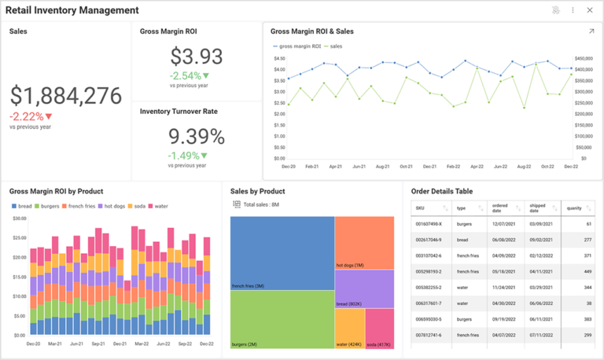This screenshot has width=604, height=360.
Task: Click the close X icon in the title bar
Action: (x=589, y=10)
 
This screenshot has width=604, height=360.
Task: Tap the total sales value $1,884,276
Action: (x=66, y=96)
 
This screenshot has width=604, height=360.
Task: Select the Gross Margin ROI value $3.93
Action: (x=197, y=57)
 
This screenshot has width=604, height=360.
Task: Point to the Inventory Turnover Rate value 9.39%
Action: (x=197, y=136)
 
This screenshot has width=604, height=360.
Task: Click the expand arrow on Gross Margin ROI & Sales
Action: (x=591, y=31)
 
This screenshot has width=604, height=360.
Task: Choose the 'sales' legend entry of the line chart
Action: (x=336, y=46)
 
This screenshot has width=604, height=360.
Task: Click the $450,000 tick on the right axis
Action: (x=583, y=58)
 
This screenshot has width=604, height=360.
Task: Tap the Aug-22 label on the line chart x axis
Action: (x=525, y=167)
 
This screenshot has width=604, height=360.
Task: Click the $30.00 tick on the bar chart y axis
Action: (x=20, y=219)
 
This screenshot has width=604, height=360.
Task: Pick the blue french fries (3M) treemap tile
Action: (x=282, y=253)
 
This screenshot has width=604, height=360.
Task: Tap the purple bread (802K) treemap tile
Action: (x=364, y=288)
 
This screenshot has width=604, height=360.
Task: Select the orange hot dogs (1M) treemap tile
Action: (x=364, y=242)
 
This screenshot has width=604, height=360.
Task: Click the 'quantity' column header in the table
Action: (x=574, y=208)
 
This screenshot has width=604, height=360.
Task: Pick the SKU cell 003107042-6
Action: (x=429, y=255)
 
